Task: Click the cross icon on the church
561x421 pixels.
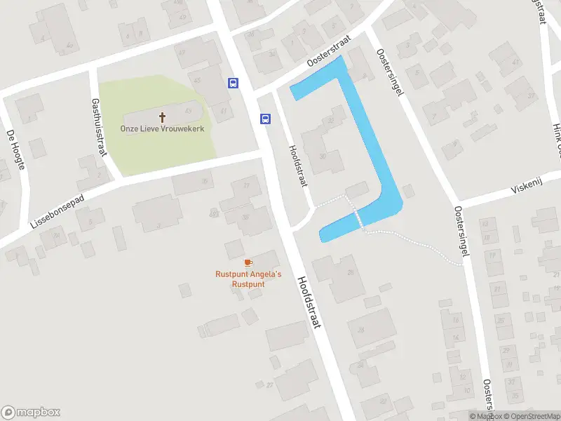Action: point(163,117)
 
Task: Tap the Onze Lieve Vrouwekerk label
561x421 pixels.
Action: point(163,129)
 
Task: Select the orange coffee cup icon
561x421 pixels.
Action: point(248,262)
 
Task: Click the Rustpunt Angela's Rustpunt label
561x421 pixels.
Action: point(248,279)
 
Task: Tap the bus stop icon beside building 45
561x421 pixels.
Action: point(233,83)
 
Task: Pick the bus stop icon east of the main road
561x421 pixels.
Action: point(265,119)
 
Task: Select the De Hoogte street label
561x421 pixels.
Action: point(15,149)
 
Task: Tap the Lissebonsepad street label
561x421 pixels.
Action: point(58,211)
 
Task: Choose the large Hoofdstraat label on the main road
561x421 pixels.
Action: point(309,302)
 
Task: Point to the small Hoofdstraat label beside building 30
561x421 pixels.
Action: point(297,166)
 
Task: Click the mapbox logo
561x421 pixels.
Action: point(31,413)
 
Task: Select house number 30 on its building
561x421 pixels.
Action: point(323,156)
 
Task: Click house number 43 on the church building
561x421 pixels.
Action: point(188,111)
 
